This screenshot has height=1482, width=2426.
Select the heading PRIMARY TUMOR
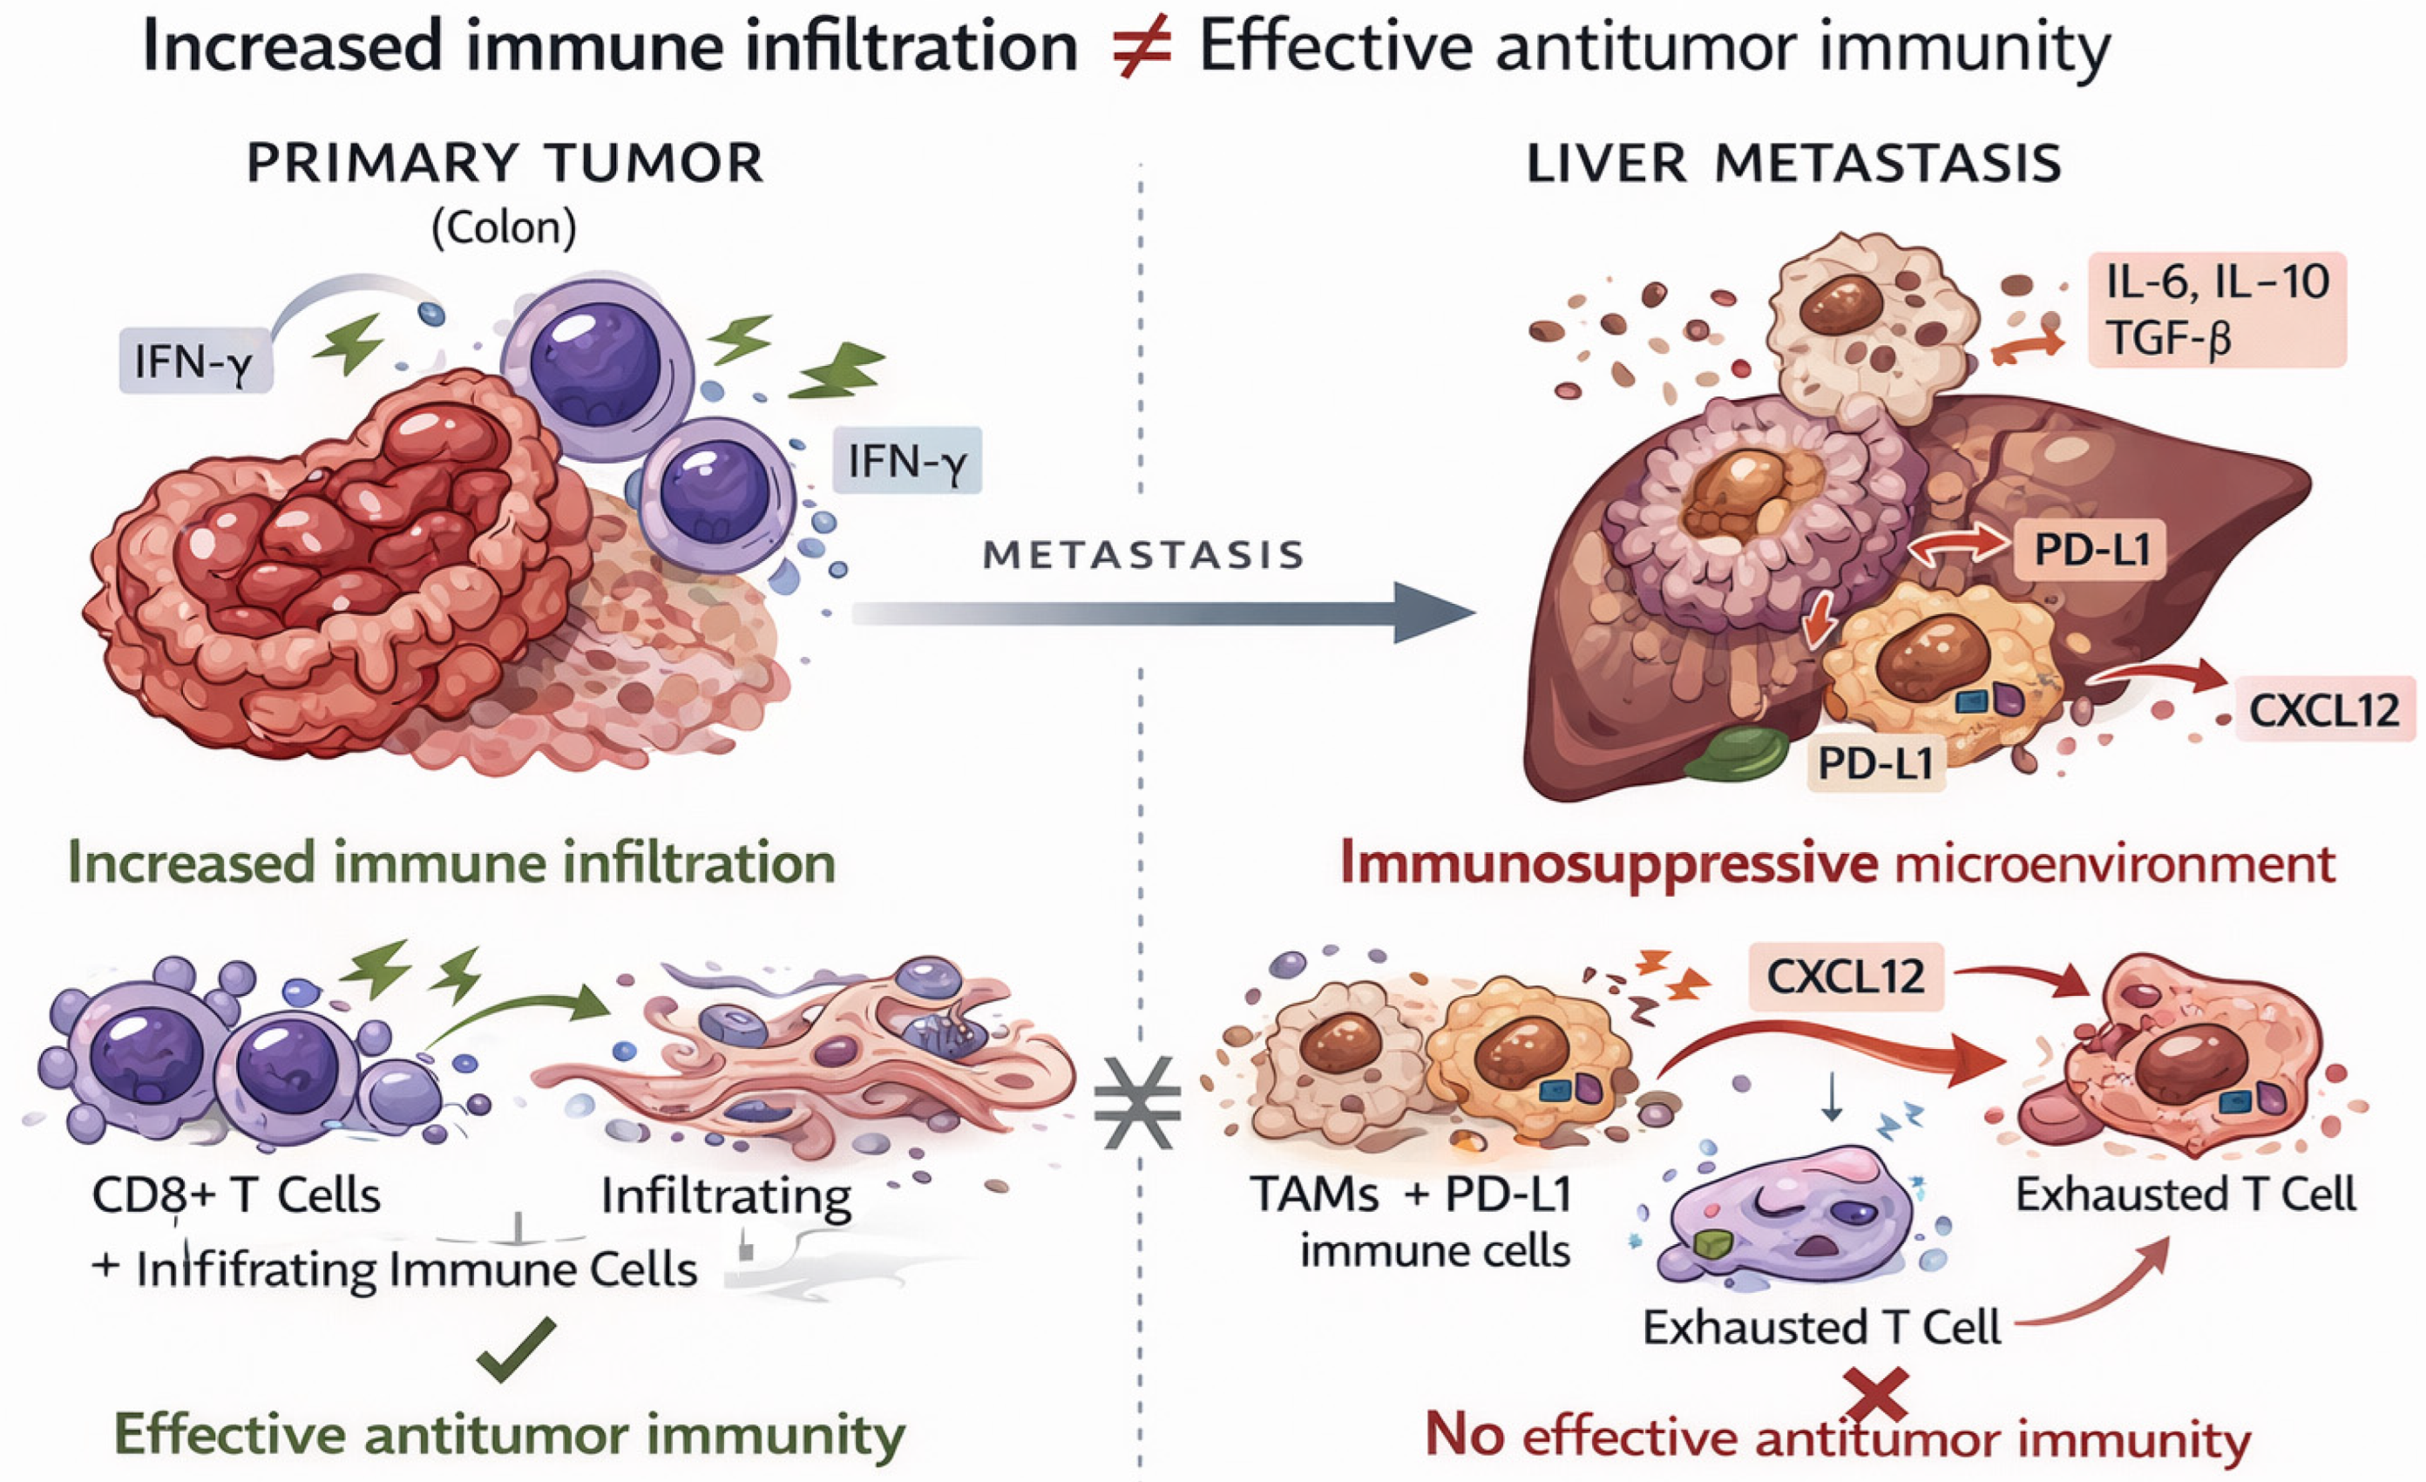[505, 164]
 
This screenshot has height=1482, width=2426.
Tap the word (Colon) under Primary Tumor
[504, 227]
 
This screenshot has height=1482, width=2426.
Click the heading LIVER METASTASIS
[1794, 164]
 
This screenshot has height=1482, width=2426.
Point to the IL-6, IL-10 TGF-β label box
[2216, 310]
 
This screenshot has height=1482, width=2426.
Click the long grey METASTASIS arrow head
[1433, 612]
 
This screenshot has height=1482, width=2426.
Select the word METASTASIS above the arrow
[1144, 555]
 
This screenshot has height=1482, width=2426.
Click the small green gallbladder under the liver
[1737, 754]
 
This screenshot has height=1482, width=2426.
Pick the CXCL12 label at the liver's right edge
[2323, 710]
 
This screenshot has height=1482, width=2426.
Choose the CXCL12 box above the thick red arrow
[1845, 977]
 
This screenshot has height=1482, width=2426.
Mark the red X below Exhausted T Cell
[1877, 1396]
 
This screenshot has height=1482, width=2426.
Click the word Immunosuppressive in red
[1609, 863]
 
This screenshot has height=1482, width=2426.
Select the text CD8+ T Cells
[236, 1195]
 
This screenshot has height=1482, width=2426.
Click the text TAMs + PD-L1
[1412, 1194]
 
